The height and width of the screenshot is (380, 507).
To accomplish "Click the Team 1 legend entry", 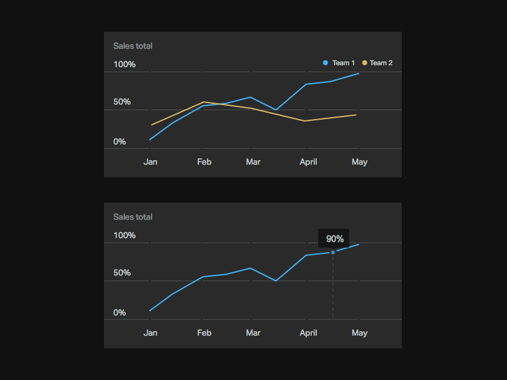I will click(339, 63).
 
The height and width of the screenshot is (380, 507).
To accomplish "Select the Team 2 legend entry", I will click(377, 63).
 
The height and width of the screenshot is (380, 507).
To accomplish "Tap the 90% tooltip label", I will click(334, 239).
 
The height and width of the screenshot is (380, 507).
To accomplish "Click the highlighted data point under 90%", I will click(333, 252).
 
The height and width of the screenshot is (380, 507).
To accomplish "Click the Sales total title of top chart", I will click(132, 46).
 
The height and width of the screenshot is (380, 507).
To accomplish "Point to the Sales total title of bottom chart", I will click(132, 217).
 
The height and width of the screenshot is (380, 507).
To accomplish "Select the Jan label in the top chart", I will click(150, 161).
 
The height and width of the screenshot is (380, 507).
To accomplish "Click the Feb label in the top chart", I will click(204, 161).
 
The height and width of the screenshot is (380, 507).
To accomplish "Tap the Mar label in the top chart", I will click(253, 161).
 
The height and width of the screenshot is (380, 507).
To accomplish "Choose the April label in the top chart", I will click(308, 161).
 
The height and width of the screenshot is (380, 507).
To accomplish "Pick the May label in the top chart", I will click(359, 161).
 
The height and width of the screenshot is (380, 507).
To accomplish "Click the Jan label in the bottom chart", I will click(150, 332).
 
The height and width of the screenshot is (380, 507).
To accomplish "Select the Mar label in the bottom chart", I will click(253, 332).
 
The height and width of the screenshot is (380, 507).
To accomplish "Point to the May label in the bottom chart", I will click(359, 332).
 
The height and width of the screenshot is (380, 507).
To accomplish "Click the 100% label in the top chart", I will click(124, 65).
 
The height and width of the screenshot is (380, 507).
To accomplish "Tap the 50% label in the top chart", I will click(122, 102).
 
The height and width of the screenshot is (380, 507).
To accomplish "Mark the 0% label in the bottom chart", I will click(119, 313).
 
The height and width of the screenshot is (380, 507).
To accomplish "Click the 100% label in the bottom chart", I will click(124, 236).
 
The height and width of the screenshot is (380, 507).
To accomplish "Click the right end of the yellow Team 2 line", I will click(356, 115).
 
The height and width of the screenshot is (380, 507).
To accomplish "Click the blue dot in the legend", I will click(326, 63).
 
